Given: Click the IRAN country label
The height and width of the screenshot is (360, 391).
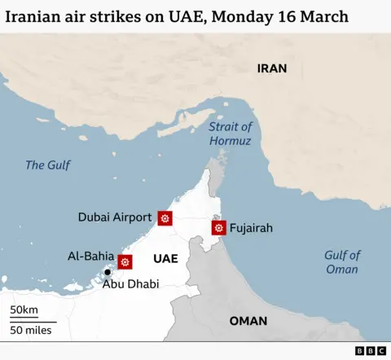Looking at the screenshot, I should (272, 68).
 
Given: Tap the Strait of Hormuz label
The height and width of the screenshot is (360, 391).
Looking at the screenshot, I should (231, 134).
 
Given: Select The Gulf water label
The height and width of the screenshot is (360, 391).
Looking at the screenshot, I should (47, 165).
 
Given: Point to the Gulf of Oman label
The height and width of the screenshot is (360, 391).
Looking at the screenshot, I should (342, 262).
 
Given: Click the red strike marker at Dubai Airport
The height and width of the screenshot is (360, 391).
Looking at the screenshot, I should (165, 217).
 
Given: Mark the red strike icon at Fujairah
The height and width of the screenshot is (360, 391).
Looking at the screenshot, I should (218, 228).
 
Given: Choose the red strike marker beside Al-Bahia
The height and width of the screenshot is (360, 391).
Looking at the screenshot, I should (125, 261).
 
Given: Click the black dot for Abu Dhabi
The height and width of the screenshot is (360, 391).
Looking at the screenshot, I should (108, 272).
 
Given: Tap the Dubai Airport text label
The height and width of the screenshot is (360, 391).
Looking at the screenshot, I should (115, 217).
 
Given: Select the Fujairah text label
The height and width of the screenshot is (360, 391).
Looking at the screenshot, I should (251, 228).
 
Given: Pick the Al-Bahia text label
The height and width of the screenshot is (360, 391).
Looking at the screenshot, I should (90, 257).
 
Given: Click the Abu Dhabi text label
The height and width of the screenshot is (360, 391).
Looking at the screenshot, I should (130, 284).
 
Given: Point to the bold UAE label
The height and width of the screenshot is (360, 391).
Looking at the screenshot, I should (165, 259).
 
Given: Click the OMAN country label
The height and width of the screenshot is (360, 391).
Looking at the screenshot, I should (248, 321).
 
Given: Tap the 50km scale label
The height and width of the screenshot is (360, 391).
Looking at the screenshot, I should (24, 310).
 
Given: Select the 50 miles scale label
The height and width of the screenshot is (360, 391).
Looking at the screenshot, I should (31, 330).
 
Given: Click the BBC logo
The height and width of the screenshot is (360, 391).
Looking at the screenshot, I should (371, 350).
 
